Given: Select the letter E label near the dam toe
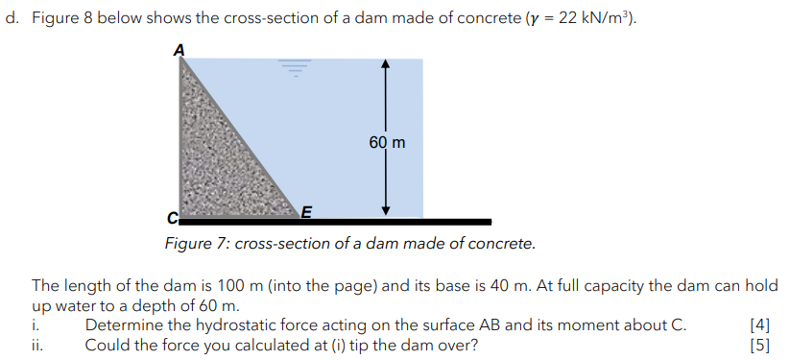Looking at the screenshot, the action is click(x=306, y=212).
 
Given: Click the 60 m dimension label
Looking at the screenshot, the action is click(x=387, y=142).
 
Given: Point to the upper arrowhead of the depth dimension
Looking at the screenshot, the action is click(x=384, y=64).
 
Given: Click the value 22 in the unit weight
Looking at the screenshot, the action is click(x=558, y=20).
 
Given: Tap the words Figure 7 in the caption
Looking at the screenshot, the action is click(x=197, y=243).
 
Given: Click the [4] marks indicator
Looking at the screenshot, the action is click(x=763, y=324).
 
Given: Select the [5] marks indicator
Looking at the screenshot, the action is click(x=763, y=345).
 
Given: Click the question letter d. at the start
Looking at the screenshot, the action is click(x=12, y=20).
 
